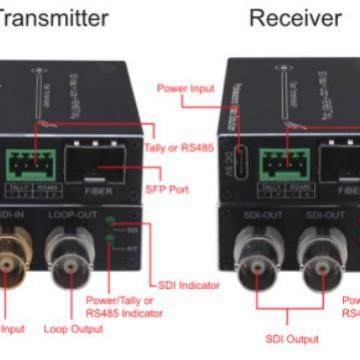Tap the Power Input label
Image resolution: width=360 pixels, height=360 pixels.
[x=186, y=88]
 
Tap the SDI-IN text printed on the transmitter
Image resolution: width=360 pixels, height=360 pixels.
[x=12, y=214]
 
